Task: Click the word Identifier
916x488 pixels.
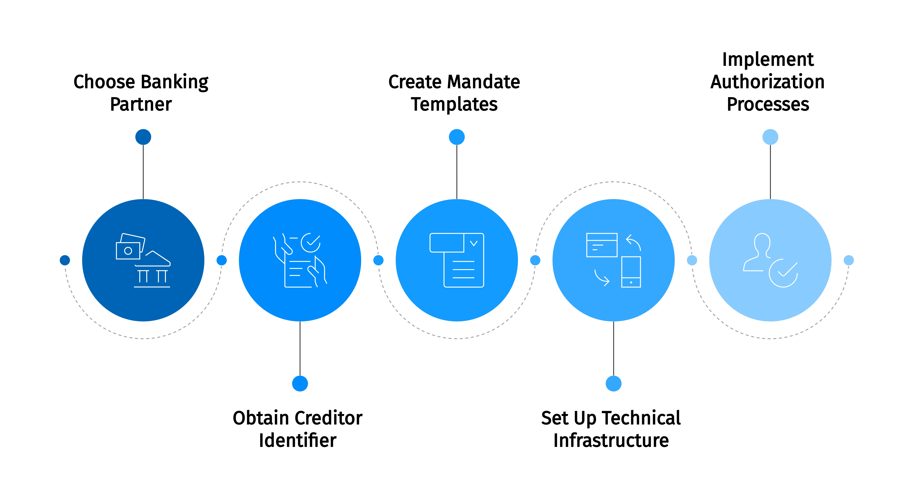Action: click(298, 441)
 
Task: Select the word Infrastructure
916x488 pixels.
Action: click(611, 441)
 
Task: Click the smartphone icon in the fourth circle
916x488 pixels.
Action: click(631, 272)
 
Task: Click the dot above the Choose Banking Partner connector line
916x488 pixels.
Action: click(143, 137)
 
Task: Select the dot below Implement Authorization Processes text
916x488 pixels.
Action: click(770, 137)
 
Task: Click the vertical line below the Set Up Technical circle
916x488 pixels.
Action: click(613, 349)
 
